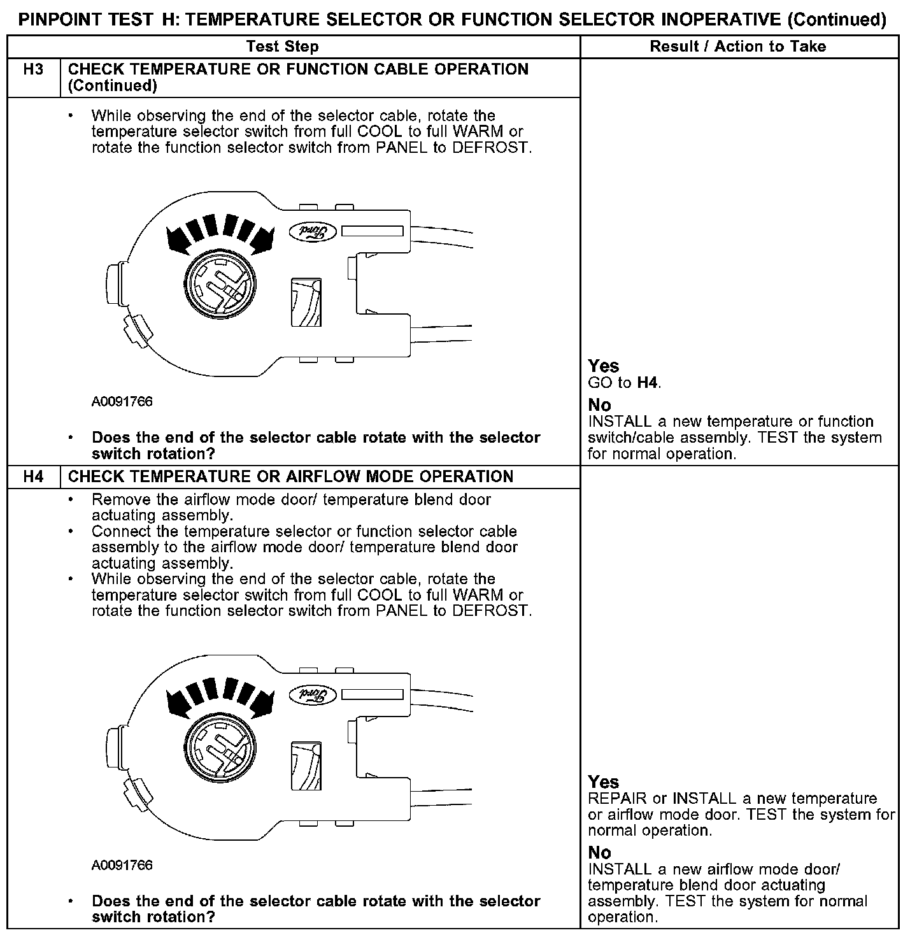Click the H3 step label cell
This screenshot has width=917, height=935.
click(33, 69)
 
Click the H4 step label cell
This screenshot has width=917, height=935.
click(33, 476)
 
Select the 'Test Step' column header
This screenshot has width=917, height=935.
click(282, 46)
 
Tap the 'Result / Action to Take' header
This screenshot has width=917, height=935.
click(738, 46)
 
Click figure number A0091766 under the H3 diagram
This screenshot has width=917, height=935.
click(122, 402)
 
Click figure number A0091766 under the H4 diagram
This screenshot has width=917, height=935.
click(122, 865)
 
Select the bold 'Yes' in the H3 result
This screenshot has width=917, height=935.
click(603, 366)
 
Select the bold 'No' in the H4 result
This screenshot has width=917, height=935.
click(599, 852)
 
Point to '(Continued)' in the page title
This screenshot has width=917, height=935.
click(836, 20)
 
